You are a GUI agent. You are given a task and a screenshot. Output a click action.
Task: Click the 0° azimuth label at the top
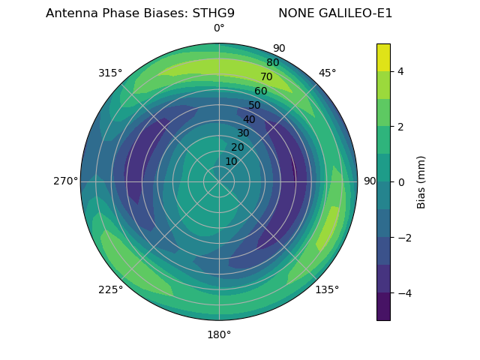219,28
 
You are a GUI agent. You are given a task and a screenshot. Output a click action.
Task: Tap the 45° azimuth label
328,73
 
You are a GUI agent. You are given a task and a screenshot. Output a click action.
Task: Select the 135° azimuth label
327,289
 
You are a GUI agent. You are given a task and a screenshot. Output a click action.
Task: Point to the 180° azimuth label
219,334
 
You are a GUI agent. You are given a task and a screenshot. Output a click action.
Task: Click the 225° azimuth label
110,289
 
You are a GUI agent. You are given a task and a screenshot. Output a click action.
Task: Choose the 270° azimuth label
65,181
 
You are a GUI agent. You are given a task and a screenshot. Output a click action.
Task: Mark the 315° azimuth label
110,73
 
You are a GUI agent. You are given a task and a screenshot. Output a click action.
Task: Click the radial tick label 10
231,161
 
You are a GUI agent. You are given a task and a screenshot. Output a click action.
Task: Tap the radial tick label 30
243,133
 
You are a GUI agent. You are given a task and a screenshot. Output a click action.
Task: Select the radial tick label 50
254,106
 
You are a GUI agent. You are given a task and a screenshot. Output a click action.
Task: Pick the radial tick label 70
266,76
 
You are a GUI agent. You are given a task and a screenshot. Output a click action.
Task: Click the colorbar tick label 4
400,71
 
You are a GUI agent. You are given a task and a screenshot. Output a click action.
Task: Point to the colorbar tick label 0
400,181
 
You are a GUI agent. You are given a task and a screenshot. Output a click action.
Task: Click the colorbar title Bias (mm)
421,181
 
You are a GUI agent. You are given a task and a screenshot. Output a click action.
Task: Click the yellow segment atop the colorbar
383,58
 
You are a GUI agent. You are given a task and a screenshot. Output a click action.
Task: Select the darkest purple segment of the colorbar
383,306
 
